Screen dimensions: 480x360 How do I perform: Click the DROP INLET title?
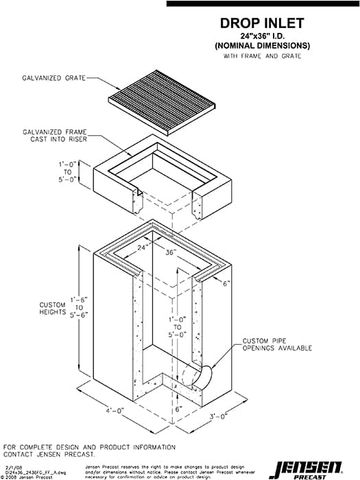pos(262,23)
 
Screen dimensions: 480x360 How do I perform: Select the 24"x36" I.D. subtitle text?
pos(262,36)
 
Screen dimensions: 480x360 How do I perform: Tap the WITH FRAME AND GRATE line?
pos(262,56)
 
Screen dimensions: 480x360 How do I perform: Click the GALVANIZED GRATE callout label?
pos(53,79)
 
